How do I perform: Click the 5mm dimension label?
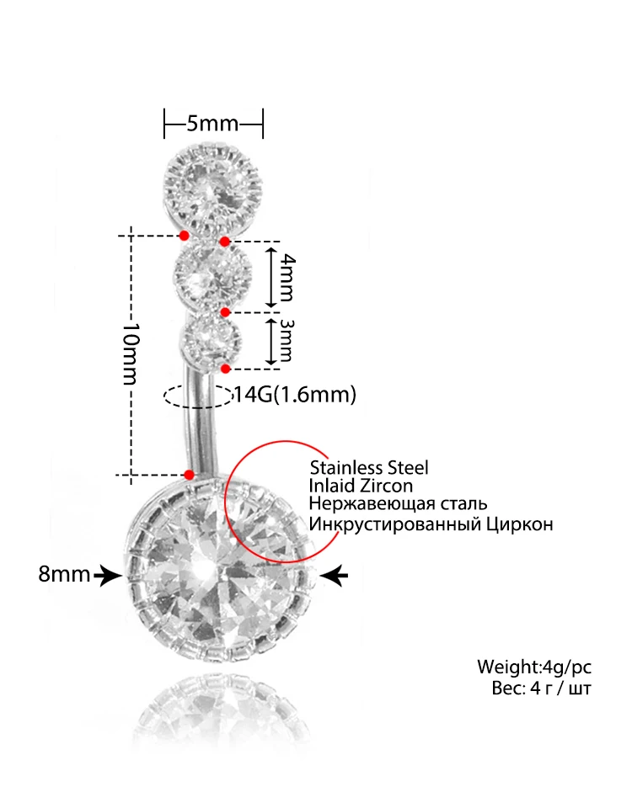[x=212, y=124]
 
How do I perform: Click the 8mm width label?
[x=64, y=576]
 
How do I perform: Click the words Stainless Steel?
[x=369, y=468]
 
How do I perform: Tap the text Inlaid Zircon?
[x=361, y=486]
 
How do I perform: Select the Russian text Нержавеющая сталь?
[x=398, y=505]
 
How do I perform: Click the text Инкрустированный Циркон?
[x=431, y=524]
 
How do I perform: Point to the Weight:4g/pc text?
[x=534, y=667]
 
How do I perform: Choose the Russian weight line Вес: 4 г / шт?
[x=541, y=688]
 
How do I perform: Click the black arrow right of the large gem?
[x=335, y=576]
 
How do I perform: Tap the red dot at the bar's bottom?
[x=189, y=475]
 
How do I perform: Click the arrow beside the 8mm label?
[x=107, y=576]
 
